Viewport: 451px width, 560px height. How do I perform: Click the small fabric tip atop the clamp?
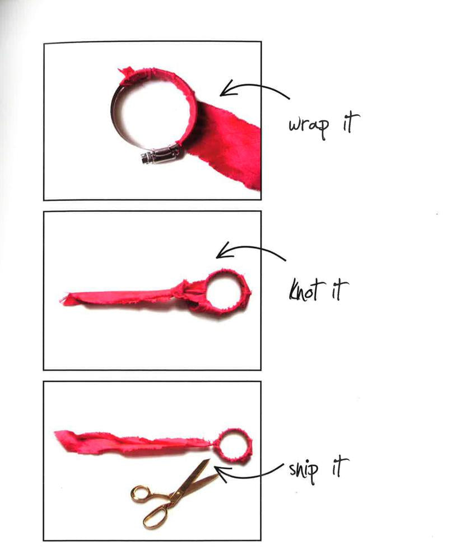tap(125, 72)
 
